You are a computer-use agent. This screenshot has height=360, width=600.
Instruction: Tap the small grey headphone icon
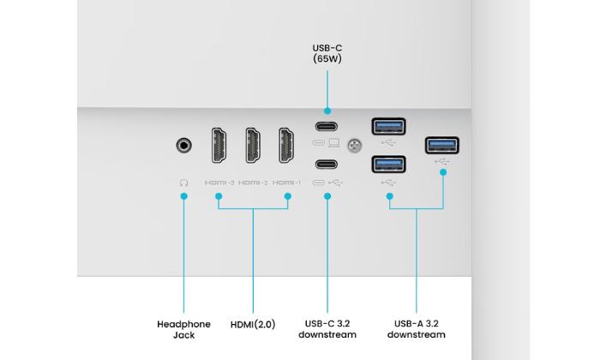[x=183, y=182]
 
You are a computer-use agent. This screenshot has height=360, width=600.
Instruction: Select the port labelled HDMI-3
[x=219, y=146]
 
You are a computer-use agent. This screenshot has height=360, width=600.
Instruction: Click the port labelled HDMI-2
[x=253, y=146]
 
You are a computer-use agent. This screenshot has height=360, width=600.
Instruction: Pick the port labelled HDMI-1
[x=286, y=146]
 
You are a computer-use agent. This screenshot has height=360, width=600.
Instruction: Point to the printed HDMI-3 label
[x=219, y=182]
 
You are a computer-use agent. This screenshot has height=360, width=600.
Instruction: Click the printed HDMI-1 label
[x=286, y=182]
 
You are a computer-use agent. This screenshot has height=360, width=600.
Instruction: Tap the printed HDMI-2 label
[x=253, y=182]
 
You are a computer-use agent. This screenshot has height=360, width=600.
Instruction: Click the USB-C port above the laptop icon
[x=327, y=125]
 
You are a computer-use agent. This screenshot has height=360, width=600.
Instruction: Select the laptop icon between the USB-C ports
[x=334, y=142]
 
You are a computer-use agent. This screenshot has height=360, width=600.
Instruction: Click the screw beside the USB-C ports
[x=352, y=145]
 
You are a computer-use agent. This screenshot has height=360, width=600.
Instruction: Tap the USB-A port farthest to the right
[x=441, y=145]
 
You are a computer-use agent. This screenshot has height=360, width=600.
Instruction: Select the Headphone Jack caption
[x=183, y=329]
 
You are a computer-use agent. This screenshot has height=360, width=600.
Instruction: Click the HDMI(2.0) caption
[x=253, y=324]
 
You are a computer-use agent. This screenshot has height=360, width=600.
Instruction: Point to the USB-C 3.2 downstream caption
[x=327, y=329]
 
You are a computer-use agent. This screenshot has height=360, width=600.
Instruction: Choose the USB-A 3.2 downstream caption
[x=415, y=329]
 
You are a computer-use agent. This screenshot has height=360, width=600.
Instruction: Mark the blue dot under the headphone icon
[x=183, y=196]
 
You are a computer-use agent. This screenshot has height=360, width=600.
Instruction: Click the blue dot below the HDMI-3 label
[x=219, y=196]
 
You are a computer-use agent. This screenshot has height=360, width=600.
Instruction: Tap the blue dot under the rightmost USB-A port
[x=442, y=172]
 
